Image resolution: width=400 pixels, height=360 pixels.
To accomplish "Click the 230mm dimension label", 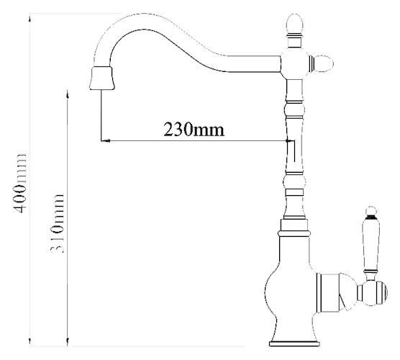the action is tap(194, 130).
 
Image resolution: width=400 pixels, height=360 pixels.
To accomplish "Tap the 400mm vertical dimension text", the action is tap(19, 183).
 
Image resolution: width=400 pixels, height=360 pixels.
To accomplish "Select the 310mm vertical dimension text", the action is tap(56, 224).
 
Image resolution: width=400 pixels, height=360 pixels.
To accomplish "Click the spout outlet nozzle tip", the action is tap(101, 78).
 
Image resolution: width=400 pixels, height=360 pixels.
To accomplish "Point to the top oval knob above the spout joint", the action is tap(295, 24).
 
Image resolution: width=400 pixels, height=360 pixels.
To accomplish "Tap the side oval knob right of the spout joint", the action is tap(323, 63).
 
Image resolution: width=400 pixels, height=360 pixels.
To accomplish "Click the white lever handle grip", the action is tap(371, 244).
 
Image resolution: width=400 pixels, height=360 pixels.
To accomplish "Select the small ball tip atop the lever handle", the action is tap(371, 211).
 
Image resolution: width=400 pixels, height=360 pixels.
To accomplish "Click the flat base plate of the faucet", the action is tap(295, 343).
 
